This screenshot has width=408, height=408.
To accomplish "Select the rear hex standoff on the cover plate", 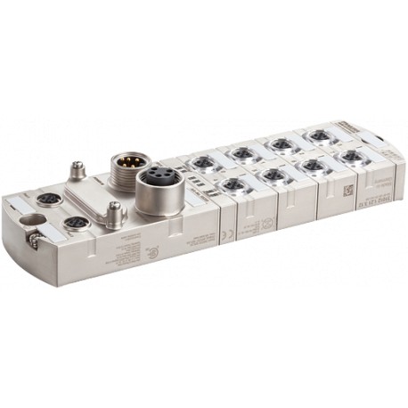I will tap(77, 168).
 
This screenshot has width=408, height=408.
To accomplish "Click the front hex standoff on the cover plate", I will tap(113, 211).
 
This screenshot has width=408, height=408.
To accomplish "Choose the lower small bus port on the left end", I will tap(77, 223).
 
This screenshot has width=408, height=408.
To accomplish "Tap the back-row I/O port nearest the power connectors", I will tap(202, 162).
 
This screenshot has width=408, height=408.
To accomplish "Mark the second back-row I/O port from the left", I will tap(242, 153).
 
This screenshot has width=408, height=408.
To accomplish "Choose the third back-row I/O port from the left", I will tap(281, 144).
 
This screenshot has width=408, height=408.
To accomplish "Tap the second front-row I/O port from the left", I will tap(273, 175).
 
